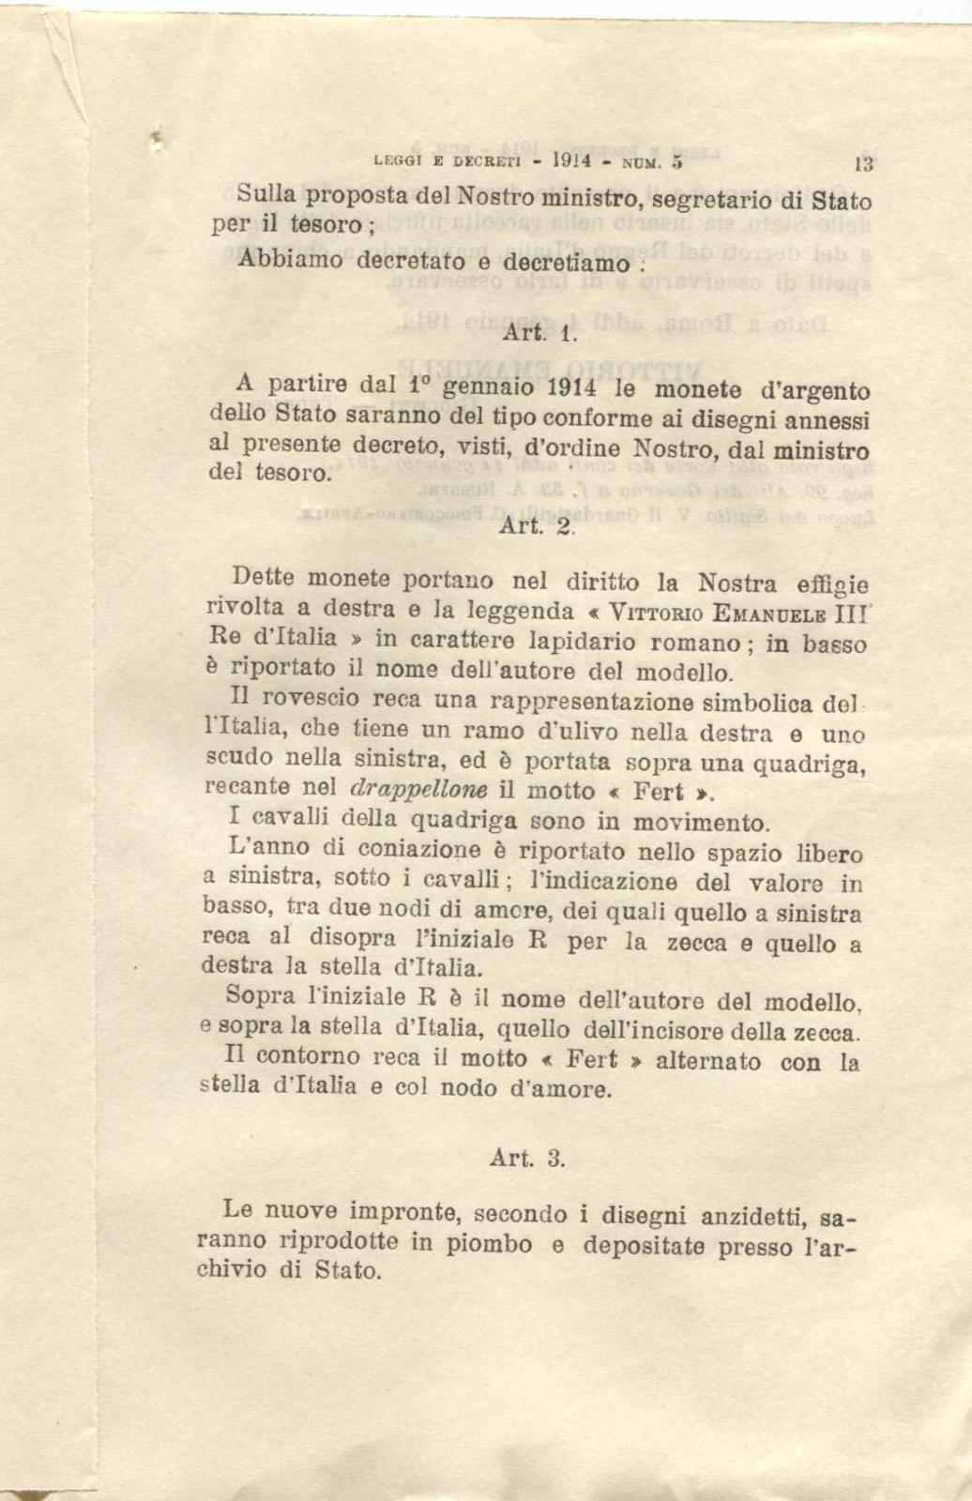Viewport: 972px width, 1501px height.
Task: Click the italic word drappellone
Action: [410, 788]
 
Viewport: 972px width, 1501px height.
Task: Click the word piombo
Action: [488, 1245]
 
